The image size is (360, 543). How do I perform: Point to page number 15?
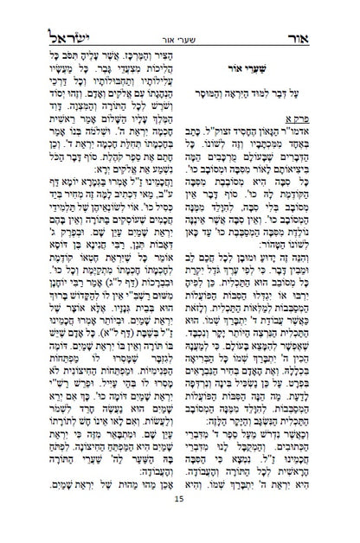pos(179,525)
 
